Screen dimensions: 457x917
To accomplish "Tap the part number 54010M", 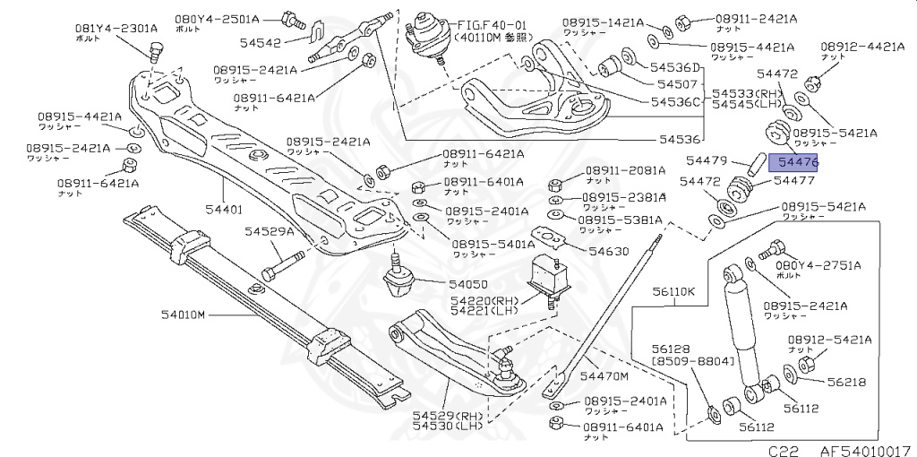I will (184, 315).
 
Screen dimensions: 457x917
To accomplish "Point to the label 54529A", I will (270, 232).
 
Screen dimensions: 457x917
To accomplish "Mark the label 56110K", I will (673, 292).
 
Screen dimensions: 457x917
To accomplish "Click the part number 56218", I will (846, 382).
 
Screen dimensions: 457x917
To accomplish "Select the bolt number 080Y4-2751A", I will (818, 265).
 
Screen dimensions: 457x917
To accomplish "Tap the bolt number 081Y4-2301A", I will (116, 28).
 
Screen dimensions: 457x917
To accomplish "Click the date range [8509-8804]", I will (692, 361).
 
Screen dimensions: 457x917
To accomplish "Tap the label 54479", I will (706, 160).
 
